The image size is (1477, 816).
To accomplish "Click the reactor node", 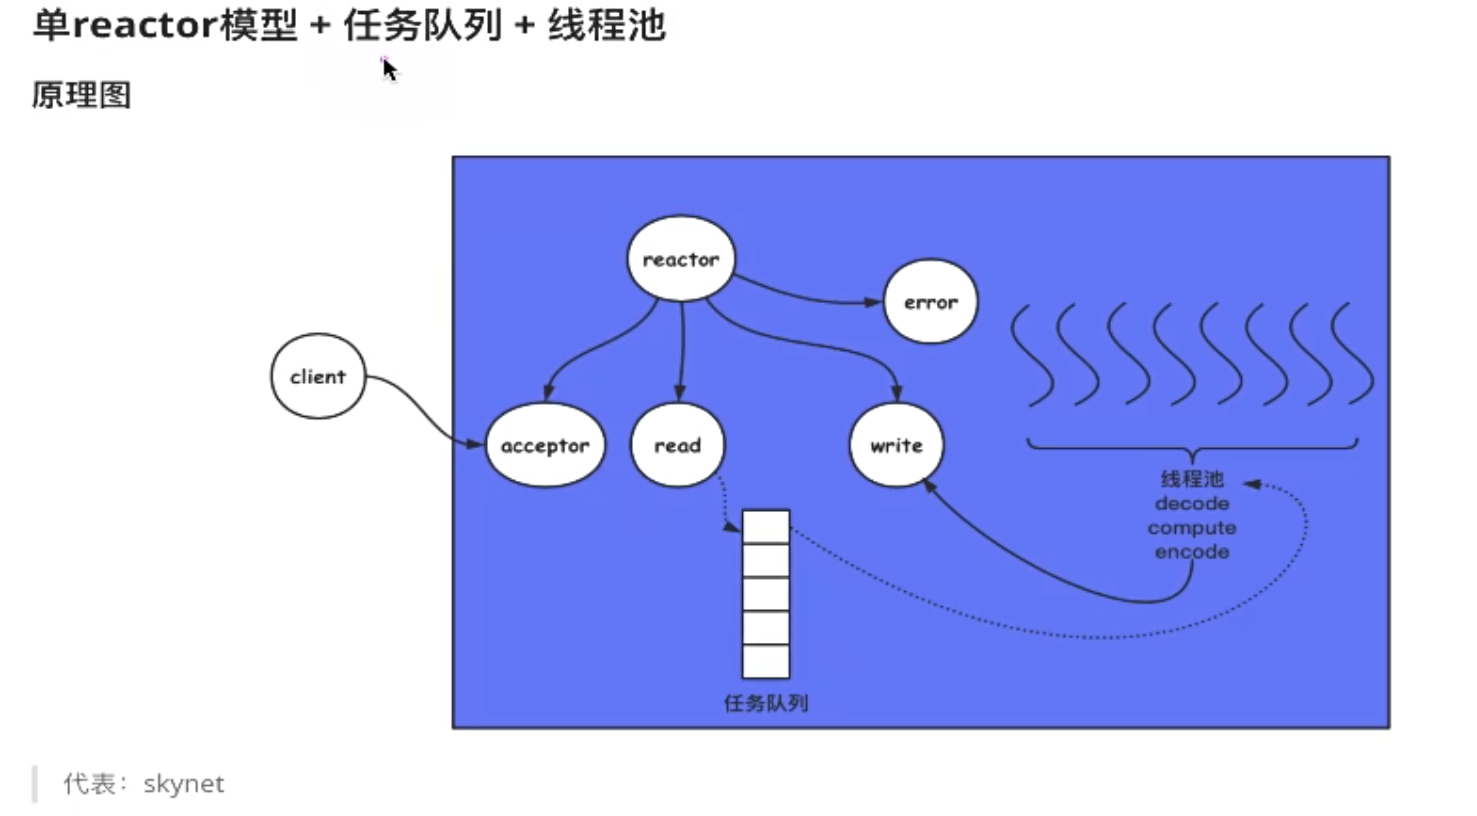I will coord(681,259).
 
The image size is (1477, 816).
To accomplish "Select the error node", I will coord(930,302).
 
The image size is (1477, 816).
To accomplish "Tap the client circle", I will coord(318,376).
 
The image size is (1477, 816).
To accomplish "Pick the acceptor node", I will coord(545,445).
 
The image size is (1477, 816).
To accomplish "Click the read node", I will coord(678,445).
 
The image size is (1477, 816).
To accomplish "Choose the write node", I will coord(896,445).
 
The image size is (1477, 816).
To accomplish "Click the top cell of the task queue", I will coord(765,527).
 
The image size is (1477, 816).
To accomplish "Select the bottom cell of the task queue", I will coord(765,661).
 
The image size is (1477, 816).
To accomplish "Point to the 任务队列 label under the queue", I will coord(765,703).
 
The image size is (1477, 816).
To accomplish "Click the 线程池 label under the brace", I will coord(1192,479).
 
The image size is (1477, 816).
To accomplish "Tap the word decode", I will coord(1192,503).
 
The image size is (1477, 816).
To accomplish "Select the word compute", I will coord(1192,528).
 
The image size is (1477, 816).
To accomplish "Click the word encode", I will coord(1192,552).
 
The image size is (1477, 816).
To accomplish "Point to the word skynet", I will coord(183,784).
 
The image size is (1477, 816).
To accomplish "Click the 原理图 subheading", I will coord(82,95).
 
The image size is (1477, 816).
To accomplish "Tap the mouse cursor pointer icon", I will coord(389,68).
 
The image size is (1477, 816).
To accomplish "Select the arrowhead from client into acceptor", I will coord(475,444).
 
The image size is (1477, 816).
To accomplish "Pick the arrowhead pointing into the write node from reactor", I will coord(897,394).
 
